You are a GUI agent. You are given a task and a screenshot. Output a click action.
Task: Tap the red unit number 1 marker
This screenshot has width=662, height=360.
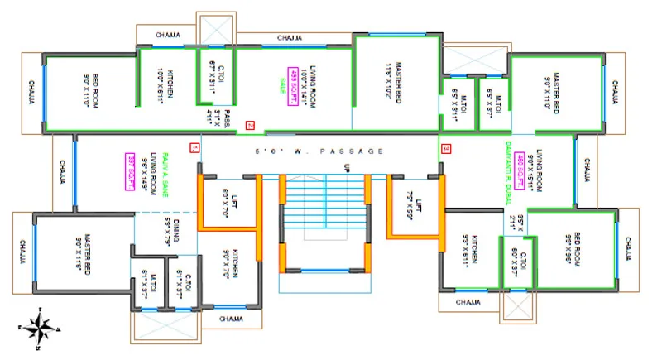click(x=194, y=148)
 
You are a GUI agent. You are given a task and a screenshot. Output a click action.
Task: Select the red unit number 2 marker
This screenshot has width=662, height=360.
click(x=250, y=126)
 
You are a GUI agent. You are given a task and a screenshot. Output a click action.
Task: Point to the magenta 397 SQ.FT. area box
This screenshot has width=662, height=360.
click(x=130, y=172)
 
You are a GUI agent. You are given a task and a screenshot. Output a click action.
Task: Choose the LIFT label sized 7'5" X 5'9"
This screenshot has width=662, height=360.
click(x=415, y=203)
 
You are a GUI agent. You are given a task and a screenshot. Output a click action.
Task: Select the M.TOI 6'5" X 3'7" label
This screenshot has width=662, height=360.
click(x=494, y=105)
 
